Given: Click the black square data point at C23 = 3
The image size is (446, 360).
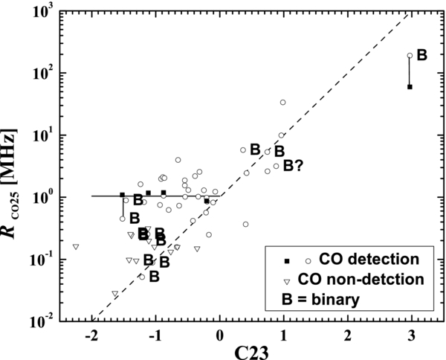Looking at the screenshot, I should click(x=410, y=87).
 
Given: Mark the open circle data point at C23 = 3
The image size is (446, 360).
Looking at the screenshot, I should click(x=410, y=56).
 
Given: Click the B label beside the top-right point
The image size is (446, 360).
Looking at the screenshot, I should click(x=422, y=55).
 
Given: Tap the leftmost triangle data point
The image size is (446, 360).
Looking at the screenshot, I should click(x=75, y=246).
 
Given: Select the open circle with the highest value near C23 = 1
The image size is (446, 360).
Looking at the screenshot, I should click(x=282, y=103).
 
